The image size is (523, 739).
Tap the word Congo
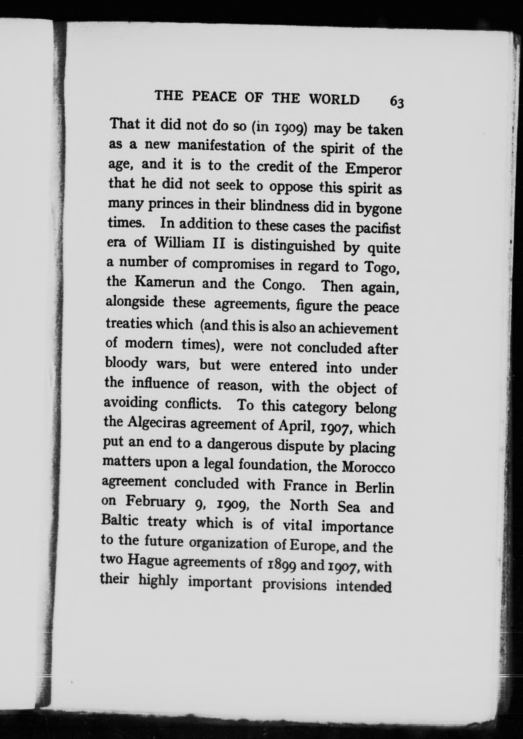point(282,285)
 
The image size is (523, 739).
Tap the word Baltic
point(119,520)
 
